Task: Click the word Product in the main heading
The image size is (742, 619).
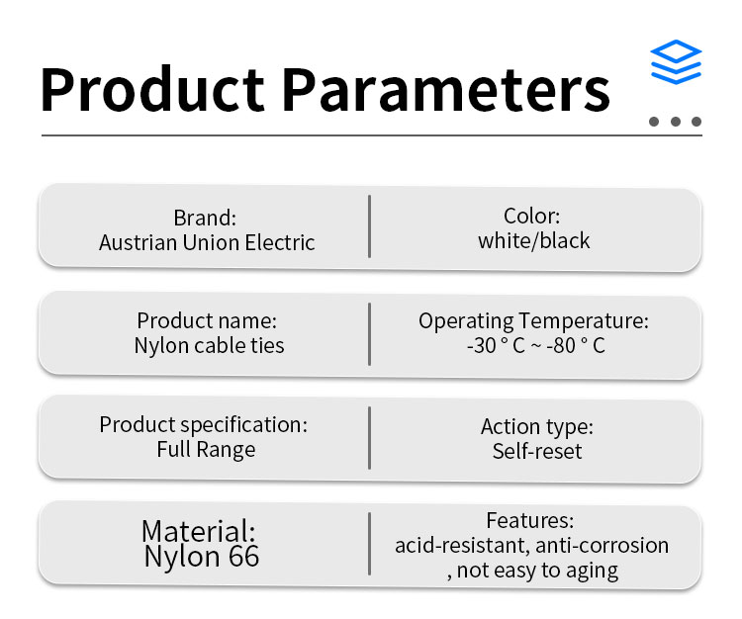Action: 152,89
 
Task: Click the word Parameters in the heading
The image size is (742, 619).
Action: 446,89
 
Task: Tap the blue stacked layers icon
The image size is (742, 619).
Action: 676,62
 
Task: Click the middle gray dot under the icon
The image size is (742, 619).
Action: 676,122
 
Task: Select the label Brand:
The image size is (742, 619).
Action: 205,218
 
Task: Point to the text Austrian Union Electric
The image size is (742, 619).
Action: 207,242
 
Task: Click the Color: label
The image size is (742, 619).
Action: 532,217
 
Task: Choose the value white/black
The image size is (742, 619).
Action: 534,240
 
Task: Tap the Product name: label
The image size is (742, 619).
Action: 207,320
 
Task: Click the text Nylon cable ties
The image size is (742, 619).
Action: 209,346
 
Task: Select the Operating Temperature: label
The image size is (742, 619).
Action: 533,321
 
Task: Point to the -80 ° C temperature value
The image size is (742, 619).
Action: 576,346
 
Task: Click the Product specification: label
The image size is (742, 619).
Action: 204,425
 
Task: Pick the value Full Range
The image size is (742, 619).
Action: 206,450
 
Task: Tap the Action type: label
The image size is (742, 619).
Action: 537,427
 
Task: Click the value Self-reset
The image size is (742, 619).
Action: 537,451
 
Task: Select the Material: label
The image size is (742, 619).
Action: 199,531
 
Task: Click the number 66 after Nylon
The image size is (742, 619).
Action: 244,556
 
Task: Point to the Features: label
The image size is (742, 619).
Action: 530,521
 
